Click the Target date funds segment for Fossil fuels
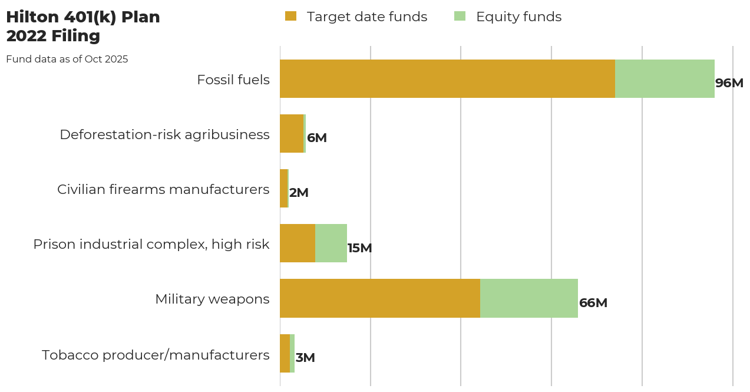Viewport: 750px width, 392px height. [447, 78]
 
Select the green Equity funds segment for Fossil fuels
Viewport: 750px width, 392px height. [665, 78]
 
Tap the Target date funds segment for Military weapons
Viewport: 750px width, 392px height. [380, 298]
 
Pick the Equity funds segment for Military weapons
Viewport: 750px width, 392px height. [529, 298]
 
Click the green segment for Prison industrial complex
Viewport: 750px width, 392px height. [331, 243]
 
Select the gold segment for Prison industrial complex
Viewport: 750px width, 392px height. [298, 243]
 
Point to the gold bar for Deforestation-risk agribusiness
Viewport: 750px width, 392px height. [292, 133]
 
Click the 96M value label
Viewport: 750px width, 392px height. [729, 83]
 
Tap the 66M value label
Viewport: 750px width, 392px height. [593, 303]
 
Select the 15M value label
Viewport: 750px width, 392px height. [359, 248]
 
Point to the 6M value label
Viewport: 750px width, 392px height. [317, 138]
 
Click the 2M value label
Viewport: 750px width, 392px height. [299, 193]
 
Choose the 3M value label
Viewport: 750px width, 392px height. [305, 358]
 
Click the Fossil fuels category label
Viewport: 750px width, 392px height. [233, 80]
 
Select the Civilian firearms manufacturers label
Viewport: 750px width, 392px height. [163, 189]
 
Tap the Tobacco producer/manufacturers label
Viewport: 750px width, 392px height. [156, 355]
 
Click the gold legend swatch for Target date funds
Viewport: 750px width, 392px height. [290, 17]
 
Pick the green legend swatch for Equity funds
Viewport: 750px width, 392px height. [460, 17]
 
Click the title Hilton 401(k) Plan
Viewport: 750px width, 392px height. [83, 17]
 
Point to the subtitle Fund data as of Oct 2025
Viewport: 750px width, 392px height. [67, 59]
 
